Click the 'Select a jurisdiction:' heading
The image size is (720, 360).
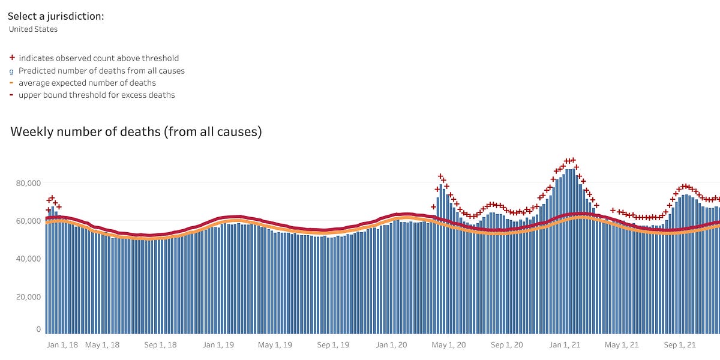click(56, 16)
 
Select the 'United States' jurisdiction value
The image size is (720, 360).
click(33, 29)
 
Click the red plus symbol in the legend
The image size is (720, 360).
click(12, 58)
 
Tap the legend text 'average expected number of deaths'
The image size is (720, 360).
click(87, 83)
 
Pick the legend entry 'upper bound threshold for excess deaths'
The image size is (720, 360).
click(97, 95)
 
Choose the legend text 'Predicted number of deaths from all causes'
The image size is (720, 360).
click(101, 71)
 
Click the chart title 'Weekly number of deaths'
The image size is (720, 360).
click(136, 132)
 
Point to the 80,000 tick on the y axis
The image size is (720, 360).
click(28, 183)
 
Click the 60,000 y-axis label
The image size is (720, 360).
click(28, 221)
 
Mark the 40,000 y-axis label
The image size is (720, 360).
click(28, 259)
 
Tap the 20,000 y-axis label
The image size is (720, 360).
click(28, 296)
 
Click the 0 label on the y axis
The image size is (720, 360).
click(38, 329)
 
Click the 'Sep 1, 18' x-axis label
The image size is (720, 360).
click(161, 345)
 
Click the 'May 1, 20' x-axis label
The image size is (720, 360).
click(449, 345)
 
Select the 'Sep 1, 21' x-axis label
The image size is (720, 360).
click(679, 345)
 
